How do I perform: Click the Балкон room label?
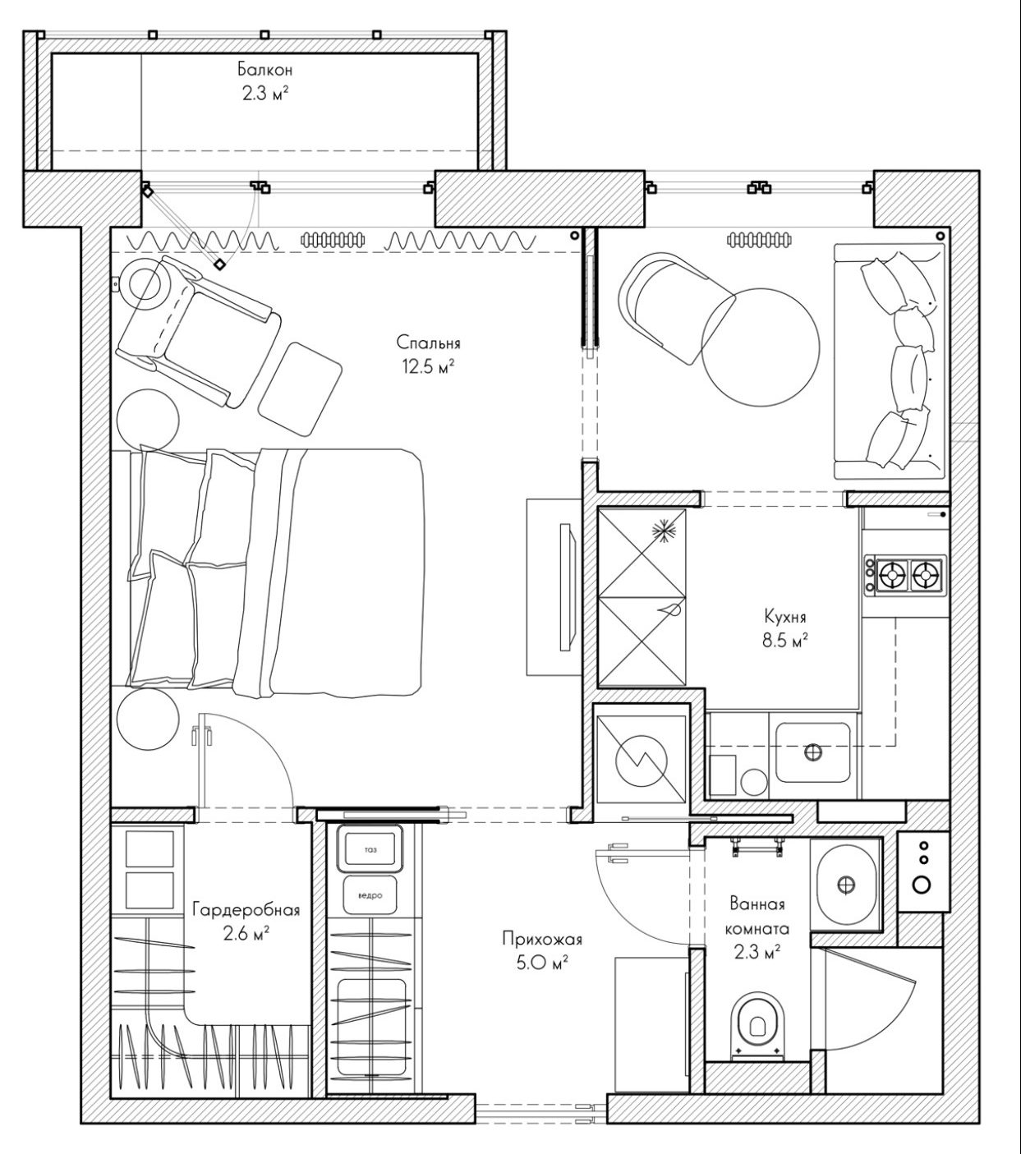pyautogui.click(x=265, y=70)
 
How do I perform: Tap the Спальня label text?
pyautogui.click(x=429, y=343)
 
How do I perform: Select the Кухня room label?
pyautogui.click(x=785, y=616)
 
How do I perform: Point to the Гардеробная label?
pyautogui.click(x=246, y=909)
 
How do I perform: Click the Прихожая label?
pyautogui.click(x=542, y=938)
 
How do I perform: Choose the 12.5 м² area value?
pyautogui.click(x=429, y=366)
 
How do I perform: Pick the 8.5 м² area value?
pyautogui.click(x=786, y=641)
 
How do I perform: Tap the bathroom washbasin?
pyautogui.click(x=846, y=885)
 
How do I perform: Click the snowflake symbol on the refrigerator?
pyautogui.click(x=663, y=532)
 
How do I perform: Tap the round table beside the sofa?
pyautogui.click(x=761, y=347)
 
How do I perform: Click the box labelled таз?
pyautogui.click(x=370, y=849)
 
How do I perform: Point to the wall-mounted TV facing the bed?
pyautogui.click(x=568, y=586)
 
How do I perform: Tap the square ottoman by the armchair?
pyautogui.click(x=300, y=388)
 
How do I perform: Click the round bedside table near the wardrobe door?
pyautogui.click(x=147, y=720)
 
